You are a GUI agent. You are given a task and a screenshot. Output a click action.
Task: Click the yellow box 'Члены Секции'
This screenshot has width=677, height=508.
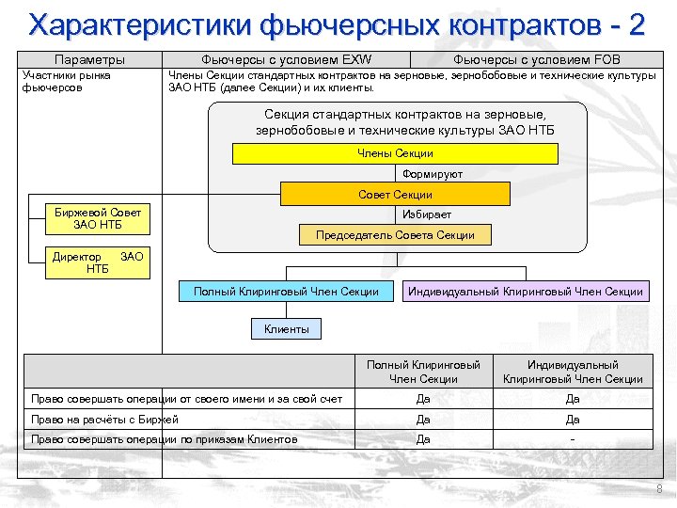[x=395, y=153]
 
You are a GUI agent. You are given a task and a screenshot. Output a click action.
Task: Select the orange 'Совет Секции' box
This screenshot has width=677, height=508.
[x=395, y=195]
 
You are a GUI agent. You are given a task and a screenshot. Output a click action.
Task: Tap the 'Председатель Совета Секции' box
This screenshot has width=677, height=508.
[x=395, y=235]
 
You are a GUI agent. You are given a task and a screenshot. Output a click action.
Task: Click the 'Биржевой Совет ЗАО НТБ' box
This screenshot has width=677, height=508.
[x=98, y=218]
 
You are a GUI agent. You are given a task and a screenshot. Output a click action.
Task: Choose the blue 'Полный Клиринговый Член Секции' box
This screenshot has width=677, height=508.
[x=286, y=292]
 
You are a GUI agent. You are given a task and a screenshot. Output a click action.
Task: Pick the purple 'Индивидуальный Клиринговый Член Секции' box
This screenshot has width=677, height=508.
[x=526, y=292]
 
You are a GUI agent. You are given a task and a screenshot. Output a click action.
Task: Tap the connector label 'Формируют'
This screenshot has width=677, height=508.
[x=432, y=174]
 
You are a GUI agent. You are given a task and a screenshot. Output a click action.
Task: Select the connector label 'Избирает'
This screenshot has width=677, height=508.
[x=433, y=215]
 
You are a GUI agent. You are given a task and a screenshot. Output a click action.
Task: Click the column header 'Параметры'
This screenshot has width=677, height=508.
[x=89, y=59]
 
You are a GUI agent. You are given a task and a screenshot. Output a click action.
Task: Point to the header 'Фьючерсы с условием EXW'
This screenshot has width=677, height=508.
[x=287, y=59]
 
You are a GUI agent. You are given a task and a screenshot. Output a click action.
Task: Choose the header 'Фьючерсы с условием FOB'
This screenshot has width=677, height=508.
[x=543, y=59]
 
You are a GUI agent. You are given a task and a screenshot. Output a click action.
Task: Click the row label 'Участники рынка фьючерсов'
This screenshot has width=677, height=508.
[x=66, y=81]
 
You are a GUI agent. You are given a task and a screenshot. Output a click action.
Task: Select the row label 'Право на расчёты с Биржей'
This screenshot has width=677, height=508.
[x=104, y=420]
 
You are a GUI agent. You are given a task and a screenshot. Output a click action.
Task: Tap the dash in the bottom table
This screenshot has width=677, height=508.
[x=573, y=439]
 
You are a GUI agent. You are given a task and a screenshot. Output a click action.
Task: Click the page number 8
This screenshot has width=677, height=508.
[x=659, y=489]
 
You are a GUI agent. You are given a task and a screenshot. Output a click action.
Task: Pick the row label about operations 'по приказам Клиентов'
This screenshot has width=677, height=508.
[x=164, y=439]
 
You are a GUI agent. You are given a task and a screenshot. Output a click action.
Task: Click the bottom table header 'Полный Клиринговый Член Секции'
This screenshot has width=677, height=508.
[x=423, y=372]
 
